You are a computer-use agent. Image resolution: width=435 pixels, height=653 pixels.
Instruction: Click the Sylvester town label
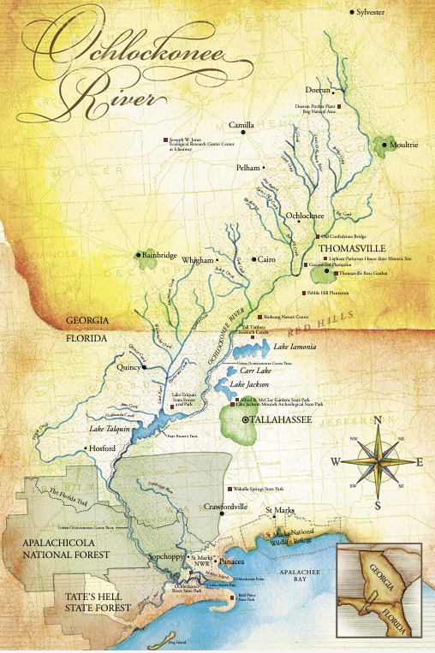(371, 12)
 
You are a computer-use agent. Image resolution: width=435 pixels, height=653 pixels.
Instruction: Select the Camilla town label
(241, 125)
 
